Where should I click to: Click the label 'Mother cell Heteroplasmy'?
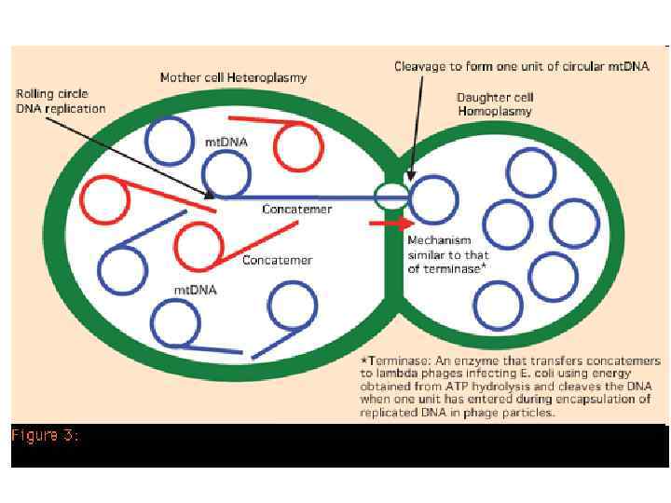233,76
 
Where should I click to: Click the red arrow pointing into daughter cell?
390,224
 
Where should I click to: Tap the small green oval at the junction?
391,196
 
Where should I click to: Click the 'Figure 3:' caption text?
45,435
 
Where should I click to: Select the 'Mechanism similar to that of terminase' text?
446,254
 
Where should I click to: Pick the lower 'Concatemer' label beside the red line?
277,260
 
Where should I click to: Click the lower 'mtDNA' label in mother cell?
196,290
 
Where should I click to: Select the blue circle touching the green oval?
433,200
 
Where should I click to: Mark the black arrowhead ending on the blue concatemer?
210,195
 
